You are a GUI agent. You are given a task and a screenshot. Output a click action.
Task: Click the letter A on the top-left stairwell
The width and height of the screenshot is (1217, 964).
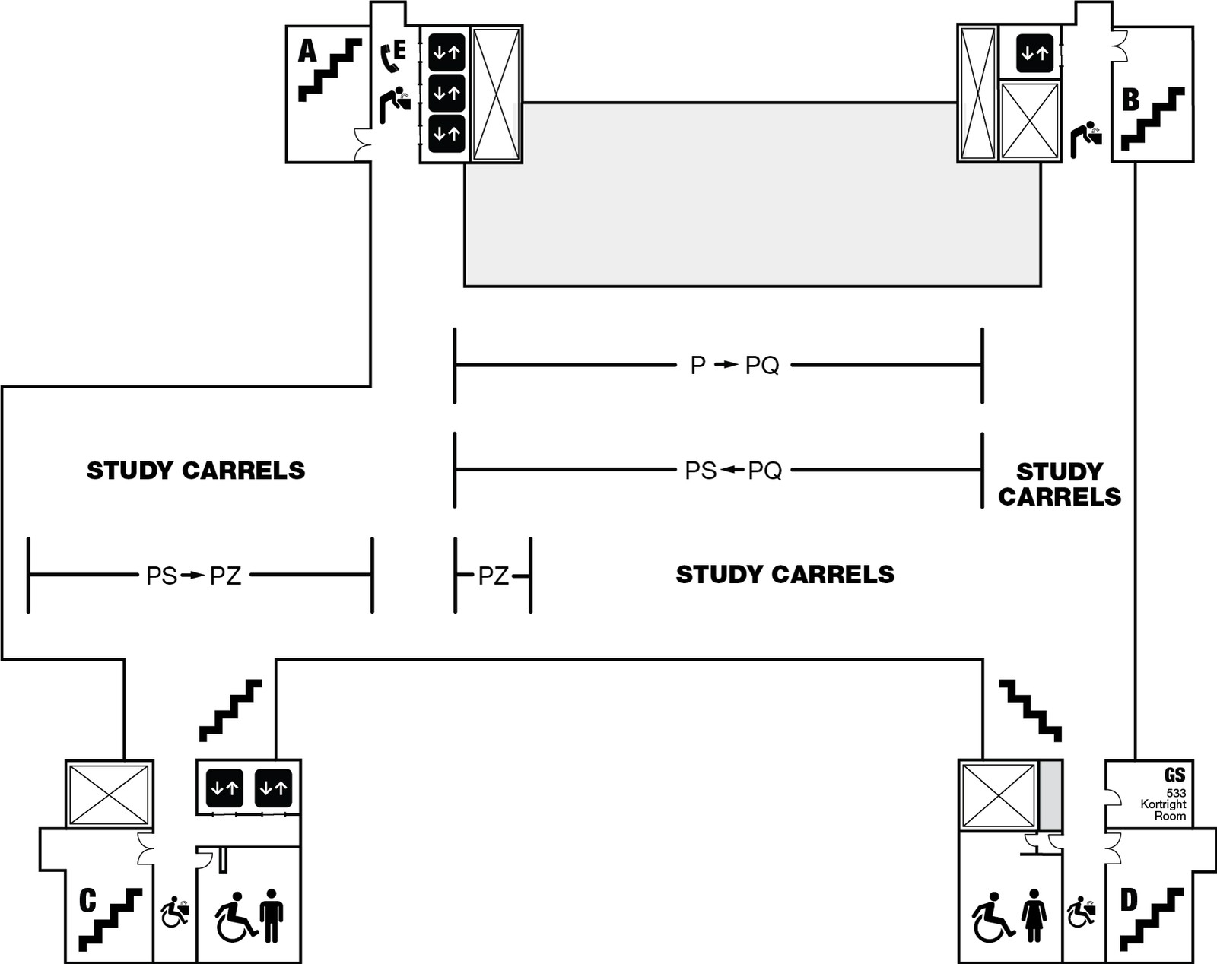[307, 51]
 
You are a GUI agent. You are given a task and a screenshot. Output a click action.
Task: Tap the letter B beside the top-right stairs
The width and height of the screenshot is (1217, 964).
[1131, 100]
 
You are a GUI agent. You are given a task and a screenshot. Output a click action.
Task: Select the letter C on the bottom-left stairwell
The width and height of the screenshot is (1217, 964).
[87, 900]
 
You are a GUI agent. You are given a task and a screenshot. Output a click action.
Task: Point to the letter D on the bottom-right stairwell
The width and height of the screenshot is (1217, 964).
[1129, 900]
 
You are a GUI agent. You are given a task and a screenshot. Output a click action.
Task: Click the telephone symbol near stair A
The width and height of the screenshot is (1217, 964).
[389, 57]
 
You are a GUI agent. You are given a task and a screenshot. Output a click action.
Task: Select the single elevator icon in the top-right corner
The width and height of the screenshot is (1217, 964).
[1034, 53]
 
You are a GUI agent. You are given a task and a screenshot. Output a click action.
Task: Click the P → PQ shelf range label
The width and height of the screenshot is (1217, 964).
[734, 366]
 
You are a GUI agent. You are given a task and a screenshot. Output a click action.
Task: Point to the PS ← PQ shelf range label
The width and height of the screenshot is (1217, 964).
[733, 471]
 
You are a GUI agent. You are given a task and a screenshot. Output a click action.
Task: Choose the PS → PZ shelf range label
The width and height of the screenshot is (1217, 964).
[193, 576]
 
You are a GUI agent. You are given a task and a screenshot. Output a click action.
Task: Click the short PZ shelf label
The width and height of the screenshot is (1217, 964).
[493, 576]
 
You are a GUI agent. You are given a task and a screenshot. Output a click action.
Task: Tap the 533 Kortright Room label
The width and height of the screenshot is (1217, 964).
[1163, 804]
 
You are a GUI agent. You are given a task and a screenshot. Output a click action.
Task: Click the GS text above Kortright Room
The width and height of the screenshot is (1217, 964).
[1174, 775]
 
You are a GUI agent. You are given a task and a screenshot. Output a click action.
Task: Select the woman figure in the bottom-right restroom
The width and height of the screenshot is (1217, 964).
[1034, 915]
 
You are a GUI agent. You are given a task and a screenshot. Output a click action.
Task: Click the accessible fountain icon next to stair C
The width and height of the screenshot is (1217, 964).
[175, 912]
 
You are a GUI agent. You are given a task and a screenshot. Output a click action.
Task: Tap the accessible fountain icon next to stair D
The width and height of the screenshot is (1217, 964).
[1081, 912]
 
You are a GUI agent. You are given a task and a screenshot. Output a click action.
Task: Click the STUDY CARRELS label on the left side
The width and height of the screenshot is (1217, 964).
[195, 471]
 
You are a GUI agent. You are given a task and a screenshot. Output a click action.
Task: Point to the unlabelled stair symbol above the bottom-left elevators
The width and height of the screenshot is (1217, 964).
[230, 710]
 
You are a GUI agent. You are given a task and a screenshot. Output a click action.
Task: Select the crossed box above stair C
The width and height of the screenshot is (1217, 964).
[109, 794]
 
